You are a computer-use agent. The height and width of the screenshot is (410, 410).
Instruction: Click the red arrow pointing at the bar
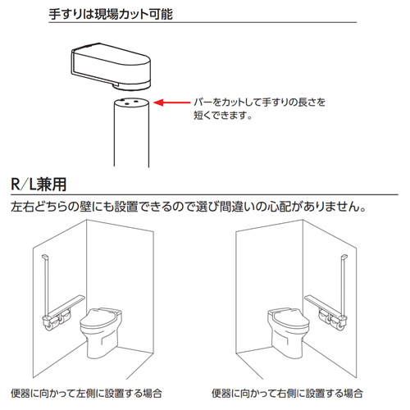coord(171,102)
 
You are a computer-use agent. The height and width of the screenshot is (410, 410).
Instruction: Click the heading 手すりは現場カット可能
coord(111,14)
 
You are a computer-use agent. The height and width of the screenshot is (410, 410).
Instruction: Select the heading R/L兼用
coord(39,184)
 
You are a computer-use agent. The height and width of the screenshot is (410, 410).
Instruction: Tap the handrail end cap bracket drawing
coord(111,66)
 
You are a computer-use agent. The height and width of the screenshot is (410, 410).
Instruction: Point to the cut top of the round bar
coord(131,102)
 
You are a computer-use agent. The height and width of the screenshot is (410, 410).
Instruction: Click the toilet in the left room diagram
coord(101,333)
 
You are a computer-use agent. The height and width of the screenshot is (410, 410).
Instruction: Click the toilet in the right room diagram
coord(289,333)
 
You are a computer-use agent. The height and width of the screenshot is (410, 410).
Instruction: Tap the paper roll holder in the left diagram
coord(57,321)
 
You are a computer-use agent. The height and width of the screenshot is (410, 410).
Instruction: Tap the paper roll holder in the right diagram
coord(332,321)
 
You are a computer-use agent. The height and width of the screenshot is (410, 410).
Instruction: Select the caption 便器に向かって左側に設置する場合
coord(86,394)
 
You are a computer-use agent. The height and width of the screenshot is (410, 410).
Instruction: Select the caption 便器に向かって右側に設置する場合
coord(287,394)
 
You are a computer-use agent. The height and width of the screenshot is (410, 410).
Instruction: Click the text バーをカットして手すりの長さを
coord(260,102)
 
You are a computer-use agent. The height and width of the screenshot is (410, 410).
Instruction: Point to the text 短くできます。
coord(223,115)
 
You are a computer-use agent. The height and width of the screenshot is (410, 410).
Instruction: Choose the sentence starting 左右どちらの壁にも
coord(189,207)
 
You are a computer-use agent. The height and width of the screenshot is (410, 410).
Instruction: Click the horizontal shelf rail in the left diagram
coord(66,306)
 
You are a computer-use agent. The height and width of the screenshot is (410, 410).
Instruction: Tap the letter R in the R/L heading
coord(15,184)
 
